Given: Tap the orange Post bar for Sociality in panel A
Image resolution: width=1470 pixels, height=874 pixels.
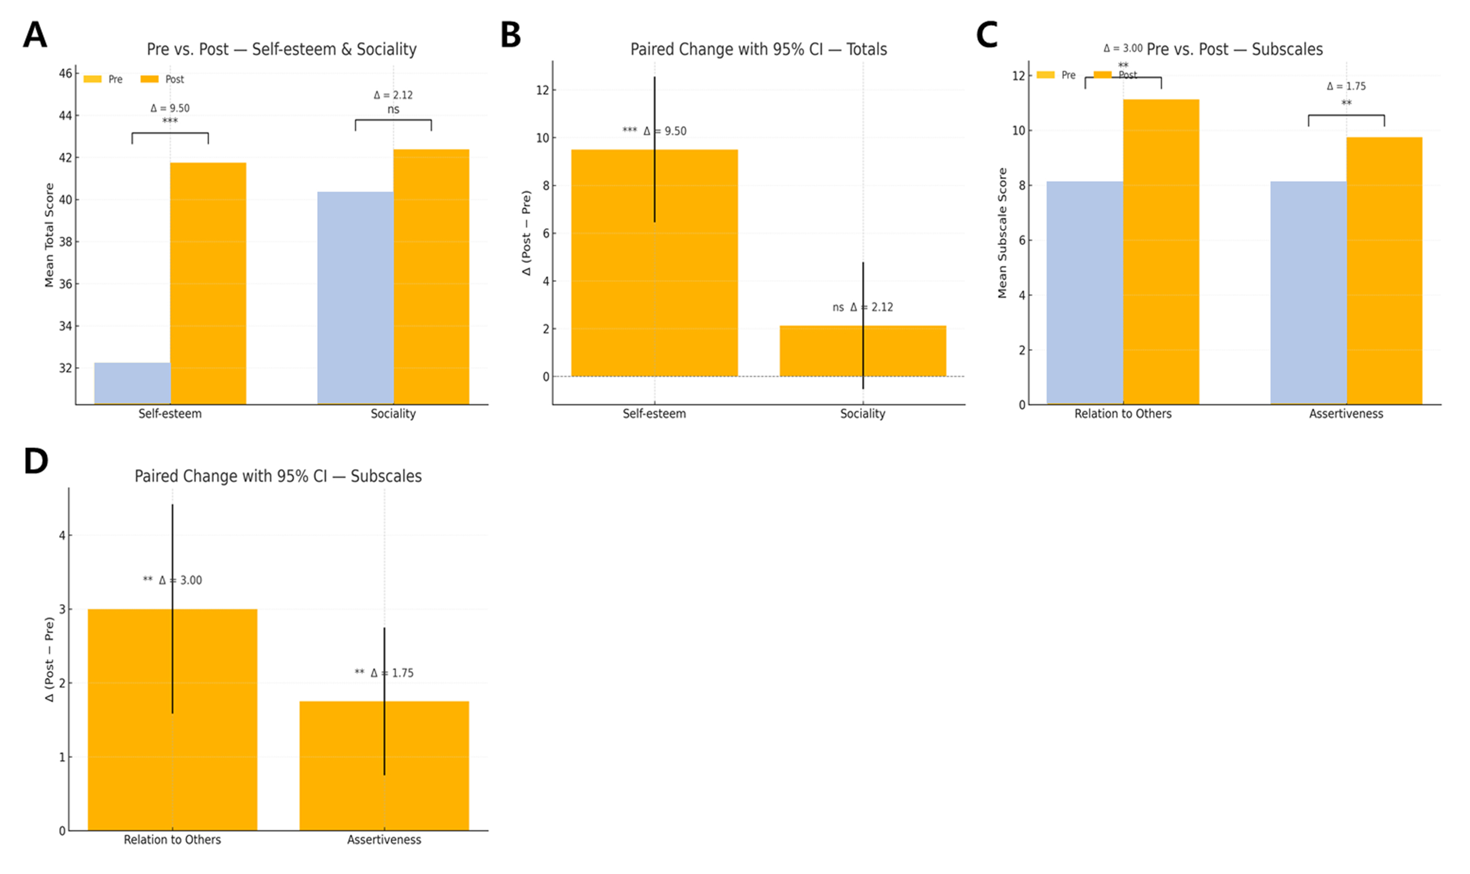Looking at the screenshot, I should point(431,277).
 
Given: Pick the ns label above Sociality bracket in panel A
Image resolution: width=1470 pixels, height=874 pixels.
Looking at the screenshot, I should point(393,109).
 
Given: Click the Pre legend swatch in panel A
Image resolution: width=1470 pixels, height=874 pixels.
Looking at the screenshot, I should point(92,79).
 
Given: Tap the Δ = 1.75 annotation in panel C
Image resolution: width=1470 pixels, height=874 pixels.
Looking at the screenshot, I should point(1346,87).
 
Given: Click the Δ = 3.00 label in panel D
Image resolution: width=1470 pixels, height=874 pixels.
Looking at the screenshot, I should point(180,580).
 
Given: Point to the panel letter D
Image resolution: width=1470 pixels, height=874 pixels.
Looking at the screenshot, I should point(35,461).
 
